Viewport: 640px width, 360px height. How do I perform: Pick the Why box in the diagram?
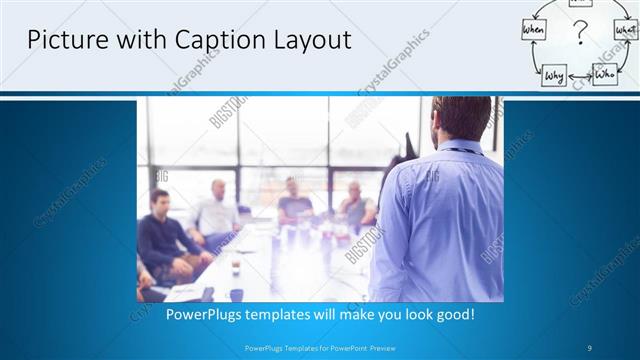[x=555, y=74]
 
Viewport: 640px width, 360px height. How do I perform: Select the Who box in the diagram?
[x=604, y=73]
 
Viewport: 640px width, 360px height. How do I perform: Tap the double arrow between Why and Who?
[x=580, y=75]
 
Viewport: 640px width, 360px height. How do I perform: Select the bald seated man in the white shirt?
[x=217, y=212]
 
